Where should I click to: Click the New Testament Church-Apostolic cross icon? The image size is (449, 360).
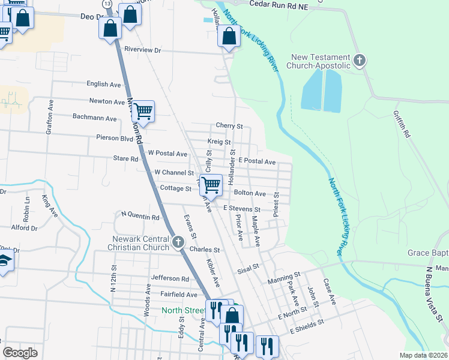(x=360, y=61)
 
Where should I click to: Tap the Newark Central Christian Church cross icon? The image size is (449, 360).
(x=178, y=242)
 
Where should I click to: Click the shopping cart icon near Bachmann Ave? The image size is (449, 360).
(x=143, y=112)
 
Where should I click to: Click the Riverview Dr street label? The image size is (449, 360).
(x=143, y=50)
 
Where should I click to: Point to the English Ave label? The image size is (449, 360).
(x=104, y=85)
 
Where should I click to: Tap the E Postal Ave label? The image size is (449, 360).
(x=256, y=162)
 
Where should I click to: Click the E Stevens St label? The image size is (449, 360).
(x=241, y=209)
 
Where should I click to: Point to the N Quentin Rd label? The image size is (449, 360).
(x=140, y=214)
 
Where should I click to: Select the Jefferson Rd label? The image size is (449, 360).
(x=170, y=278)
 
